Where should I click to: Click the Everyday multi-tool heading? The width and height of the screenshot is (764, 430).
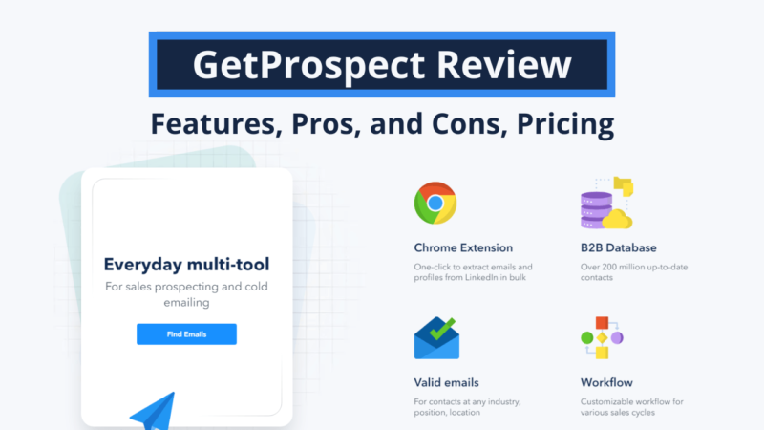click(186, 265)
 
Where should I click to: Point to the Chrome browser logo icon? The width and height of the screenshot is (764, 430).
click(435, 203)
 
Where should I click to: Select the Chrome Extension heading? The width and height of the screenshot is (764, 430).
click(463, 247)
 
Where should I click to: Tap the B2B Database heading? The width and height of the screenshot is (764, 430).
click(618, 247)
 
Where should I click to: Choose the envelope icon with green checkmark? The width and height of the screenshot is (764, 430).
click(436, 339)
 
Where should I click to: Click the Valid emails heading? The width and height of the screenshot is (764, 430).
click(446, 382)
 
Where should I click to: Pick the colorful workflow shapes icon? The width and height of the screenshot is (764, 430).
click(602, 338)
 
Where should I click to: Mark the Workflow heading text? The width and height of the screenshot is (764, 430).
click(606, 382)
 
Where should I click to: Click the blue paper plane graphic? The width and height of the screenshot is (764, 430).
click(153, 409)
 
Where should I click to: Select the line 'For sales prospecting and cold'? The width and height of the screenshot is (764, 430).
click(186, 286)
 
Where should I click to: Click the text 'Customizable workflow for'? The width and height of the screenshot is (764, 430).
click(629, 400)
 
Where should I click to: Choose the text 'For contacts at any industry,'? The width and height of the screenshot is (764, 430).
click(465, 400)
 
